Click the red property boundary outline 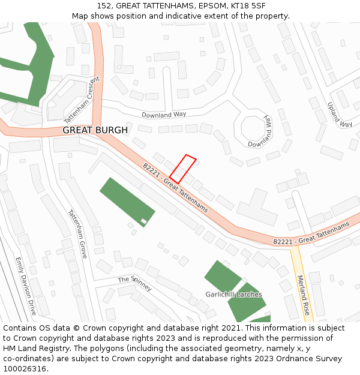183,169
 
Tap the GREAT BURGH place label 95,130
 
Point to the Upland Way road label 340,115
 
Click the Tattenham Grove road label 77,233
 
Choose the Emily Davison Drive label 26,286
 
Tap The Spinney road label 135,283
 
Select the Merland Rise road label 303,295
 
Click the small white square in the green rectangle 144,222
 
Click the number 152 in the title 103,6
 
